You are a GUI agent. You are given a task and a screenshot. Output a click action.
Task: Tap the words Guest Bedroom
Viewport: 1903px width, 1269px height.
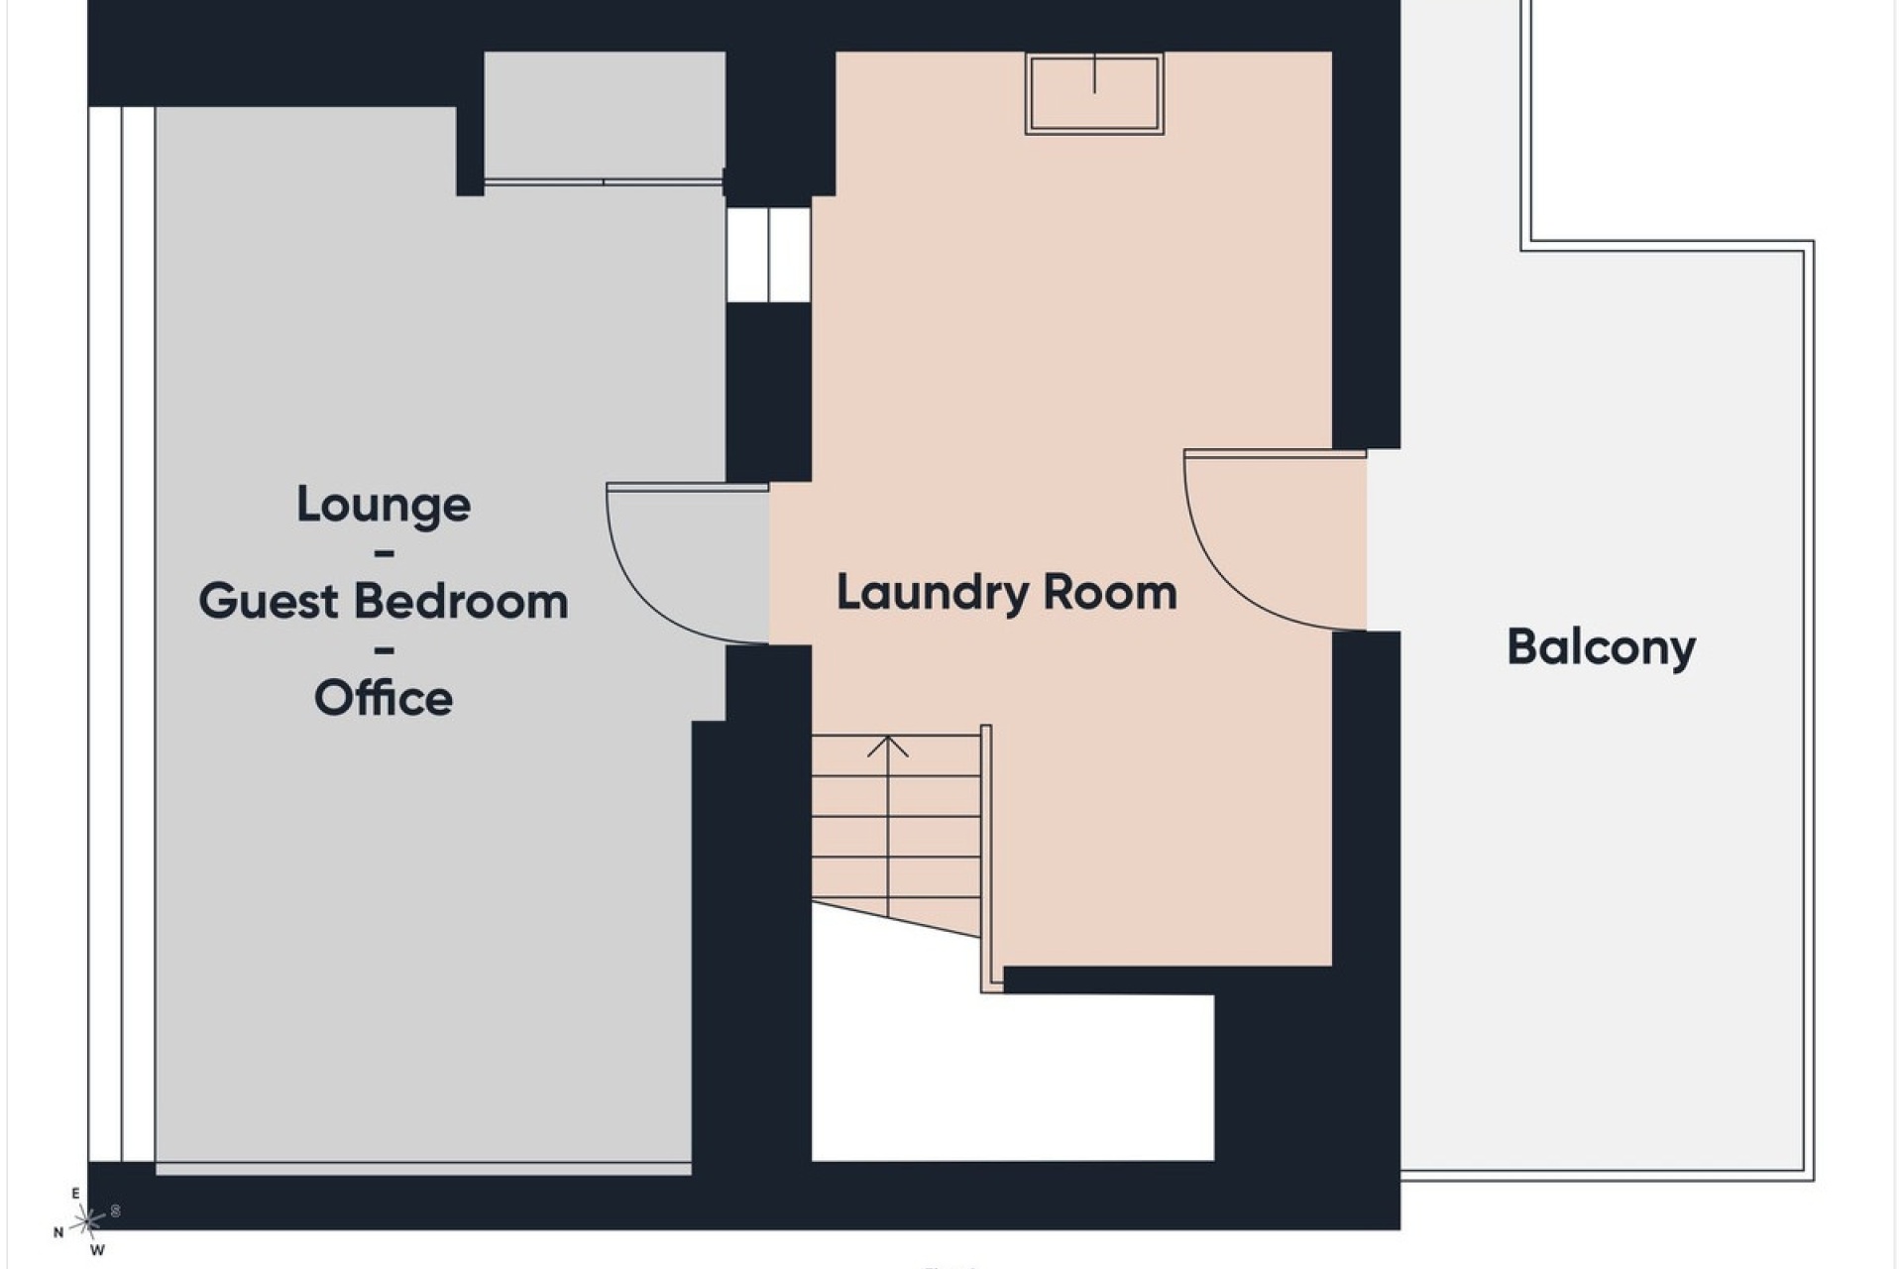point(384,601)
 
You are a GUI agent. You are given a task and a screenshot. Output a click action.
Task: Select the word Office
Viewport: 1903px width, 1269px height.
point(384,698)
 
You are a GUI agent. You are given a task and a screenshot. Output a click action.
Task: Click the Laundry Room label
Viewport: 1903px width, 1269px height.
point(1007,593)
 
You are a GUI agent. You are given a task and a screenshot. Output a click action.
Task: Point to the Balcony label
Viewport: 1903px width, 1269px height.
point(1601,648)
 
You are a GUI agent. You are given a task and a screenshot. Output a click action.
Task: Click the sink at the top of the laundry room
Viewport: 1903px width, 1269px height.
point(1094,94)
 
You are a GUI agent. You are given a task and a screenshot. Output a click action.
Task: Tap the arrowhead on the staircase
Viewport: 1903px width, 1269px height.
point(888,746)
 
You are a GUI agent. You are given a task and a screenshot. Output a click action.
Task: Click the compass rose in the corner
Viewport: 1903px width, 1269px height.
point(87,1220)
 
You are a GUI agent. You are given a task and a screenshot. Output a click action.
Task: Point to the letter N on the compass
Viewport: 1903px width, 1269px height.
point(58,1232)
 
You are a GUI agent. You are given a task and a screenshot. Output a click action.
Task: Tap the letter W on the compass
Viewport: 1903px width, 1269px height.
point(97,1250)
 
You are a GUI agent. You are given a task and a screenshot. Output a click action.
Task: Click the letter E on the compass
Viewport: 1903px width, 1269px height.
point(75,1194)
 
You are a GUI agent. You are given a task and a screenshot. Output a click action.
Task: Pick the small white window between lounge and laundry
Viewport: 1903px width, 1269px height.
point(768,254)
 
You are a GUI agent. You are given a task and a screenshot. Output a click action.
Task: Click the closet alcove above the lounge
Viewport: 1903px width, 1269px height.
point(604,116)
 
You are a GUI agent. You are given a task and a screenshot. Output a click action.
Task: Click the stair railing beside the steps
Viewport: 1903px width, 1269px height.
point(987,859)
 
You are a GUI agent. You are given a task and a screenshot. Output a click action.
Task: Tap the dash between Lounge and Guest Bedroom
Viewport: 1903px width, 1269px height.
point(384,553)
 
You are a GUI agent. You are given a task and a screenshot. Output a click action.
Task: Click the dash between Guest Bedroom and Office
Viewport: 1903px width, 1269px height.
point(384,650)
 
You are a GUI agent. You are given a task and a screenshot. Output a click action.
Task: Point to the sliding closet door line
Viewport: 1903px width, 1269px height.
point(603,182)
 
